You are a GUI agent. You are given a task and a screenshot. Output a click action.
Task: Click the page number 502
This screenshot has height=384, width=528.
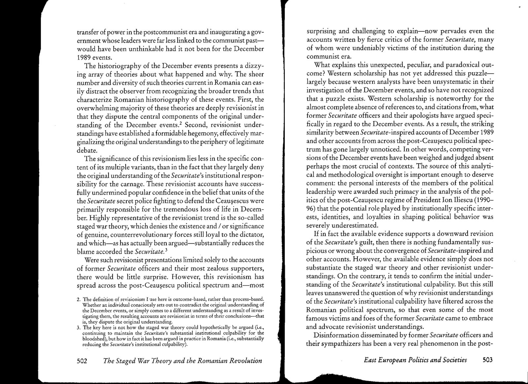tap(82, 361)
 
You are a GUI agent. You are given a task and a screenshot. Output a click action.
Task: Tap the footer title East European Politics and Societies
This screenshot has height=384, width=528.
tap(415, 360)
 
